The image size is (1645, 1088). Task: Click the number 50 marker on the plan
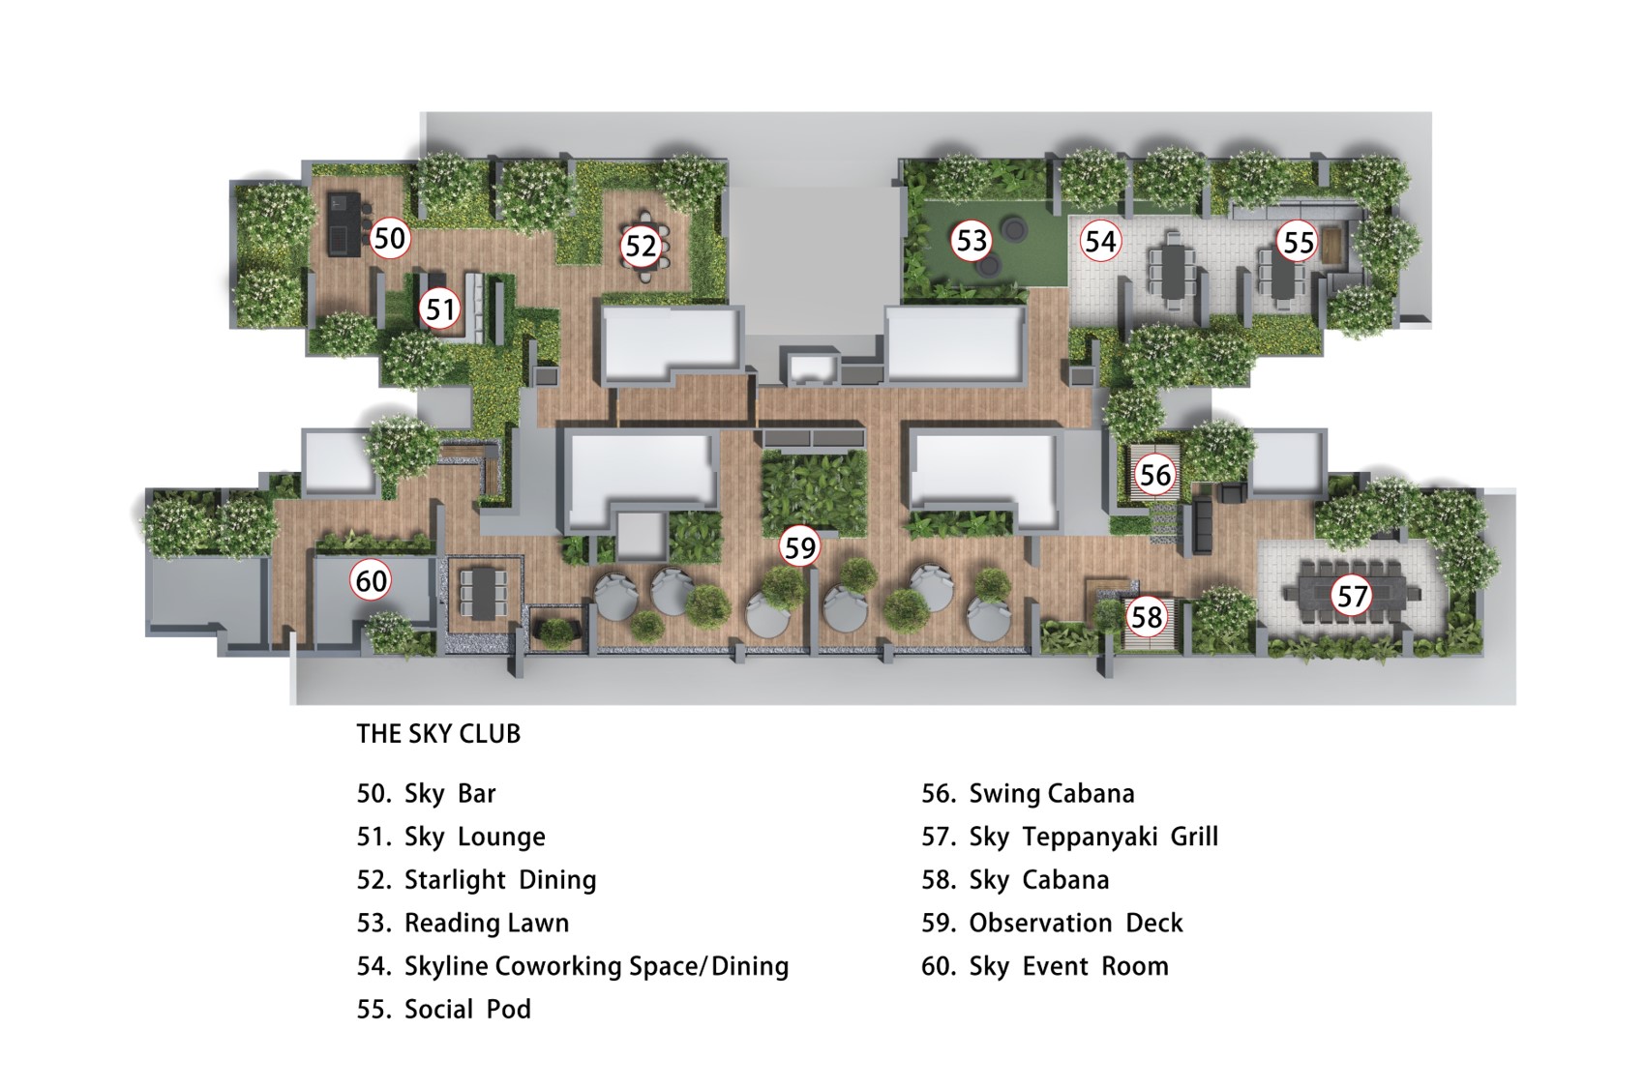pyautogui.click(x=389, y=238)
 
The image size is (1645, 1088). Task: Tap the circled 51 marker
pyautogui.click(x=440, y=309)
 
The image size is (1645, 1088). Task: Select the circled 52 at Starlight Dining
pyautogui.click(x=641, y=246)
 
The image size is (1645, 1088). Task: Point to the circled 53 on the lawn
pyautogui.click(x=972, y=240)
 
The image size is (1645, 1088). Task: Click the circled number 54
pyautogui.click(x=1100, y=241)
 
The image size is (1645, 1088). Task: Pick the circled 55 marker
pyautogui.click(x=1298, y=242)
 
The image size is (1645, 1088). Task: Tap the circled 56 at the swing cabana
pyautogui.click(x=1155, y=475)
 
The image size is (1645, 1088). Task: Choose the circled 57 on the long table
pyautogui.click(x=1352, y=596)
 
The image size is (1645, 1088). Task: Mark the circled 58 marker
pyautogui.click(x=1147, y=617)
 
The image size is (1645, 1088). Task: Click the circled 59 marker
pyautogui.click(x=799, y=547)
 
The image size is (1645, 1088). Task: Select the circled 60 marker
pyautogui.click(x=371, y=580)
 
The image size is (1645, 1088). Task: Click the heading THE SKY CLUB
pyautogui.click(x=438, y=733)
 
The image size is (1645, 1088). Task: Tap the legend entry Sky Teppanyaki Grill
pyautogui.click(x=1093, y=837)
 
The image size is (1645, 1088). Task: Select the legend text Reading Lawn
pyautogui.click(x=487, y=923)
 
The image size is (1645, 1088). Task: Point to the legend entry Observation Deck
pyautogui.click(x=1076, y=923)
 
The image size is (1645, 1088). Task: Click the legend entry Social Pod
pyautogui.click(x=467, y=1010)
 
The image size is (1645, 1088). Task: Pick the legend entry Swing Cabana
pyautogui.click(x=1052, y=794)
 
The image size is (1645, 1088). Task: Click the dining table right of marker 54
pyautogui.click(x=1174, y=269)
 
